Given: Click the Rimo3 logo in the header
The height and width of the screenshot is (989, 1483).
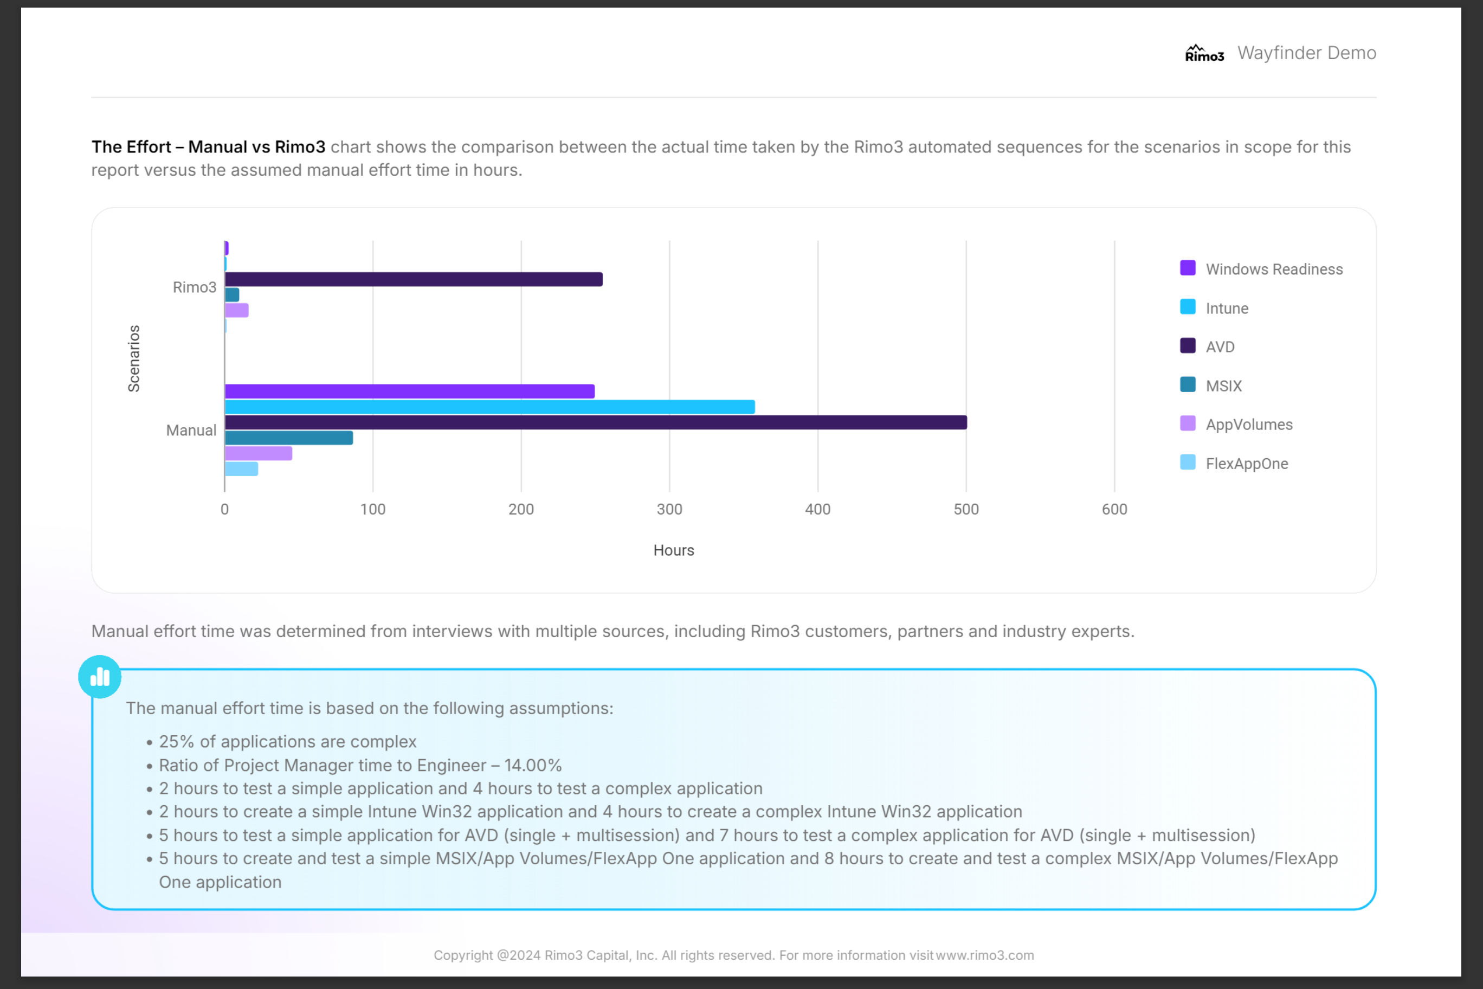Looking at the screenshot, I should (1204, 54).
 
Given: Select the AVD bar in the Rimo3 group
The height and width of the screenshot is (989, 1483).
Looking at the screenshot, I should (414, 279).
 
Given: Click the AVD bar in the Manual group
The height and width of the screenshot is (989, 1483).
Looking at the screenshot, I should (595, 422).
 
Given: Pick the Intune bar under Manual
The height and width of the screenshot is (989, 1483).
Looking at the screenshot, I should (489, 407).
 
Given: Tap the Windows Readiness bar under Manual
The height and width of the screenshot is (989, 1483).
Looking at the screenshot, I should (409, 391).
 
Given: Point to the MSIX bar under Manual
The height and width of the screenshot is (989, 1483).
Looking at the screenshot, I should (289, 438).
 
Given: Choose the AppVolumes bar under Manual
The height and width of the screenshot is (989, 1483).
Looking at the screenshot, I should (259, 453).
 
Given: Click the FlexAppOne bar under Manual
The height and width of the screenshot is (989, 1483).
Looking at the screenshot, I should (242, 468).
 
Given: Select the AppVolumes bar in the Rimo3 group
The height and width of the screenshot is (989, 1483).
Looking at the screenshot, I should (236, 310).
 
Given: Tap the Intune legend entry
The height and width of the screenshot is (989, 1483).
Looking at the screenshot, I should (1227, 309).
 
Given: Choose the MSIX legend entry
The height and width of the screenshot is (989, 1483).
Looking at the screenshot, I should (1223, 386).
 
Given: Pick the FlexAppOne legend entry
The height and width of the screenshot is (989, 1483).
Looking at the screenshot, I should (1246, 464).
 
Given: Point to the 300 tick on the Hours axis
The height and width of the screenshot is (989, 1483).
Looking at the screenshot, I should (669, 510).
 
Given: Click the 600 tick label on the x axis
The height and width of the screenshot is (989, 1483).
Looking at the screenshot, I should (1114, 510).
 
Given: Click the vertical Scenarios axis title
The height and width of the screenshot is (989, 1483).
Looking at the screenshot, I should (134, 358).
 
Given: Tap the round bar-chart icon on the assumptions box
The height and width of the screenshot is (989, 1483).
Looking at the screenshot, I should (100, 677).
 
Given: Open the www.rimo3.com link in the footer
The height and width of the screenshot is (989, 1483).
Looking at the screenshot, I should (984, 955).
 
